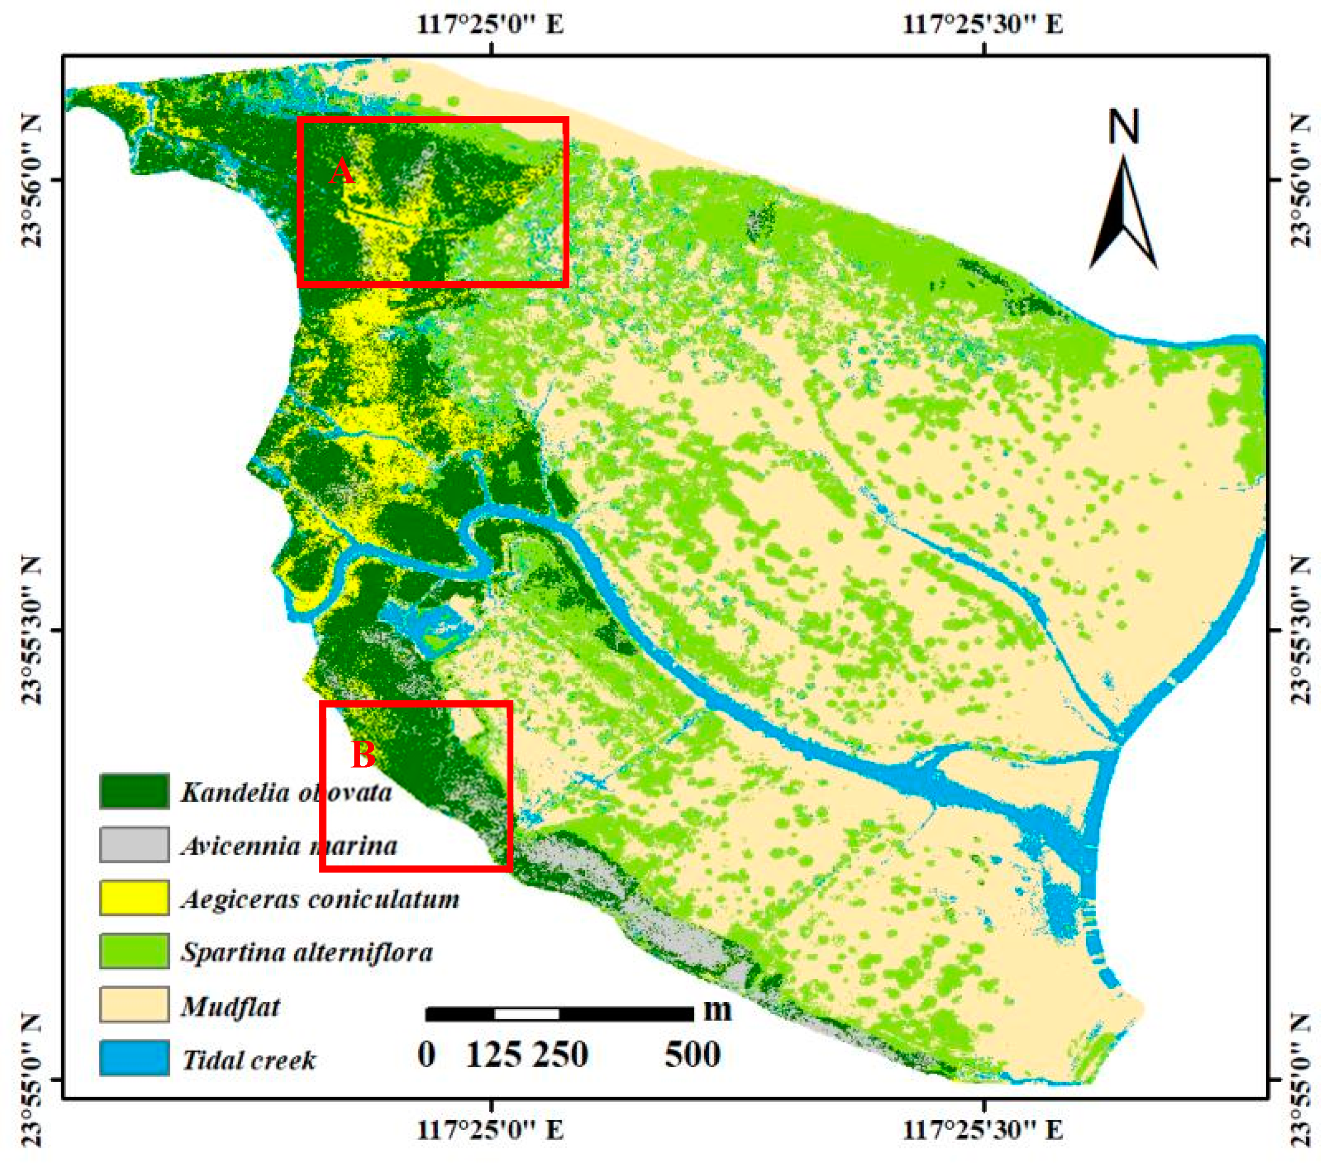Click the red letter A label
pyautogui.click(x=341, y=173)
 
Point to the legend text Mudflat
pyautogui.click(x=230, y=1006)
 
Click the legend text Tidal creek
pyautogui.click(x=249, y=1060)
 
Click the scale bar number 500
pyautogui.click(x=692, y=1055)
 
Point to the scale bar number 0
pyautogui.click(x=426, y=1055)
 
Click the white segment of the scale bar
pyautogui.click(x=526, y=1014)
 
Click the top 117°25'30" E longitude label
pyautogui.click(x=983, y=25)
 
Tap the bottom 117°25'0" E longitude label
pyautogui.click(x=491, y=1130)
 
